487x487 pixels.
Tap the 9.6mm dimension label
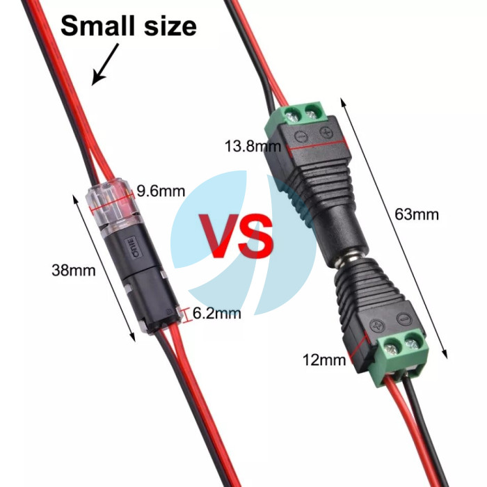point(161,191)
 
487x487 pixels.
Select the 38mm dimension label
point(74,270)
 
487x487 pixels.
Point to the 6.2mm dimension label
point(216,313)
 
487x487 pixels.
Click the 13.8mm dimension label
point(253,146)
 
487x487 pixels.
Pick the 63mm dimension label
point(417,214)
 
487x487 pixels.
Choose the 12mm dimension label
point(324,360)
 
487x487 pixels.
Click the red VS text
point(236,236)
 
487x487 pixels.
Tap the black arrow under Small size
point(105,64)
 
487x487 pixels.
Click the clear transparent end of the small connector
point(113,204)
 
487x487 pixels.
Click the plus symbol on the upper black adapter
point(326,133)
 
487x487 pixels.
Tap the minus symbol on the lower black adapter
point(405,318)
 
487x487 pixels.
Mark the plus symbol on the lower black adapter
point(377,325)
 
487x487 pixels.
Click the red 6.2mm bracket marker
point(186,315)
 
